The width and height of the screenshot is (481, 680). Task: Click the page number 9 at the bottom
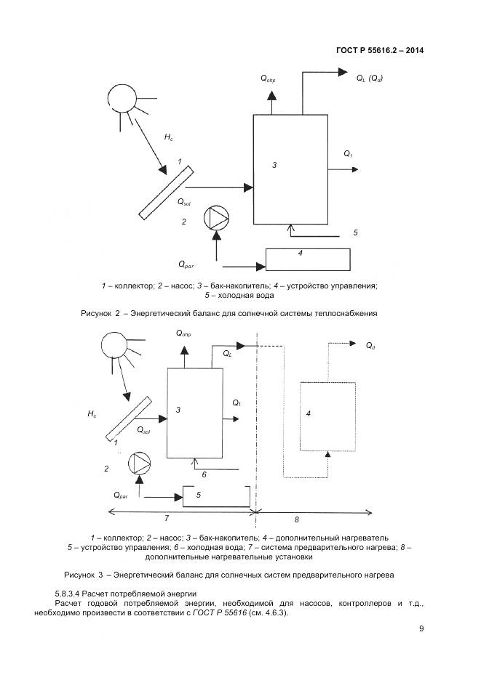(421, 628)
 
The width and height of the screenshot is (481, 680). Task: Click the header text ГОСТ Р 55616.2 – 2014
(380, 50)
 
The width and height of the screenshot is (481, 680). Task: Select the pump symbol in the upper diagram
(216, 217)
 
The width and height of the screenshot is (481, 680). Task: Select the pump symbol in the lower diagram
(139, 463)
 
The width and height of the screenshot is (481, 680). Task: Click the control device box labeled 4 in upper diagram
(308, 259)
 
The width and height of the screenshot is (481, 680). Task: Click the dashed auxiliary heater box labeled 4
(328, 416)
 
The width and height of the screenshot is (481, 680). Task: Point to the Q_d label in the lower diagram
(371, 346)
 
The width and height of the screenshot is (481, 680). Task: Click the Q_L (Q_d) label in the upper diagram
(369, 78)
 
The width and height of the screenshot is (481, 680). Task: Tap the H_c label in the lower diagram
(92, 413)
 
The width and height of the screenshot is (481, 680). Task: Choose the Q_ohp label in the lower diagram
(183, 333)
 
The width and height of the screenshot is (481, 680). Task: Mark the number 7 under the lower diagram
(167, 518)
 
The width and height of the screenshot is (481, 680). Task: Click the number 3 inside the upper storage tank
(274, 166)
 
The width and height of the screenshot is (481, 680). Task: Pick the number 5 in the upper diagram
(355, 232)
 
